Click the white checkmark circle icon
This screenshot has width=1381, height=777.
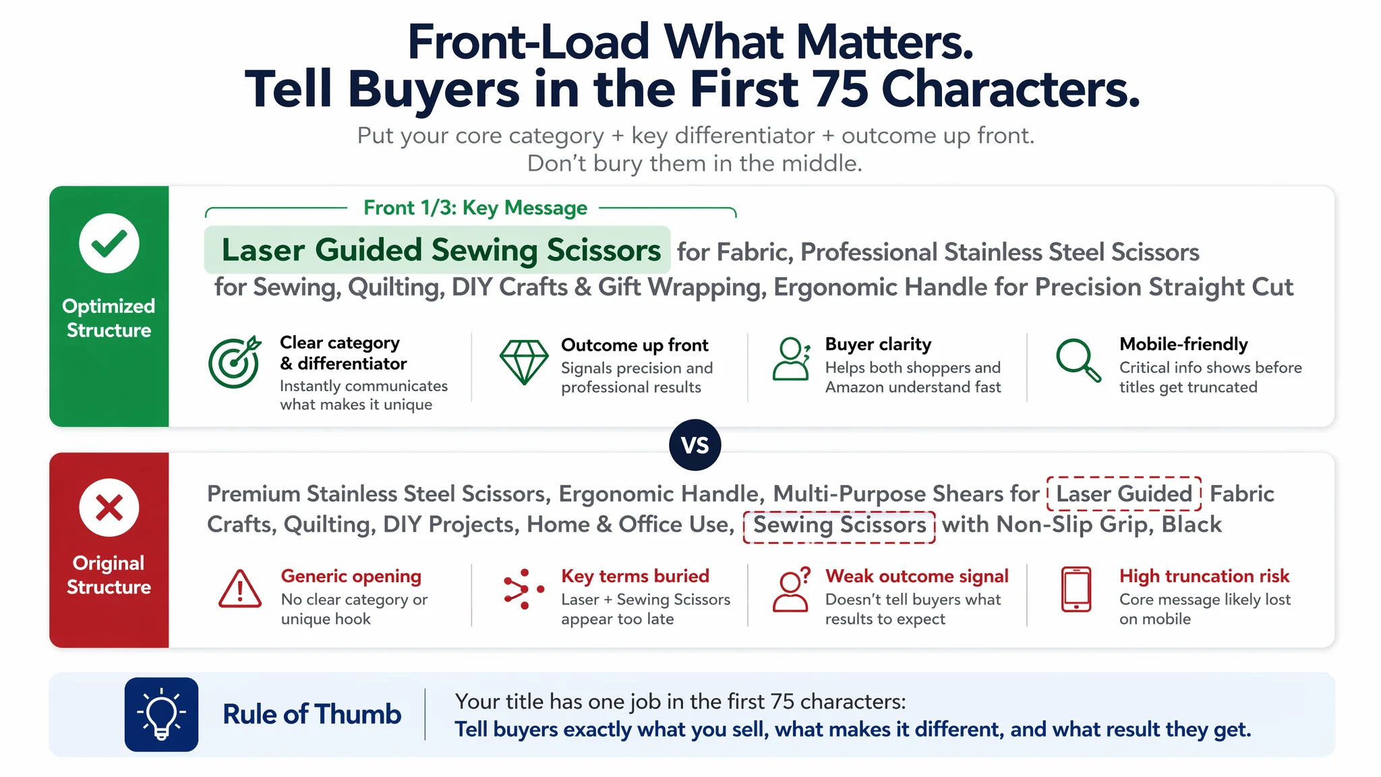coord(109,243)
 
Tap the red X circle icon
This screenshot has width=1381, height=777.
coord(109,507)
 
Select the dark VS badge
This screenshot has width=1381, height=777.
coord(695,445)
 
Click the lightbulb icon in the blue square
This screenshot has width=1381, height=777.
coord(161,714)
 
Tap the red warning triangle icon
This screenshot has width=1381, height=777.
coord(240,589)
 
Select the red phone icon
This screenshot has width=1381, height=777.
coord(1076,589)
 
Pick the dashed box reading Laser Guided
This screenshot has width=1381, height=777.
coord(1124,494)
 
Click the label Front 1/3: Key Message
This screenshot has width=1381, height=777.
coord(475,208)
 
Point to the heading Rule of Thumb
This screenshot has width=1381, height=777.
coord(312,714)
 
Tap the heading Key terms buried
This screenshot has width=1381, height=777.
coord(635,576)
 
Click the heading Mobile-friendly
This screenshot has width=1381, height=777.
coord(1183,344)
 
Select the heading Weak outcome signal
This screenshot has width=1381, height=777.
coord(917,576)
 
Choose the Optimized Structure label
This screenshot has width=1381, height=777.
coord(109,318)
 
